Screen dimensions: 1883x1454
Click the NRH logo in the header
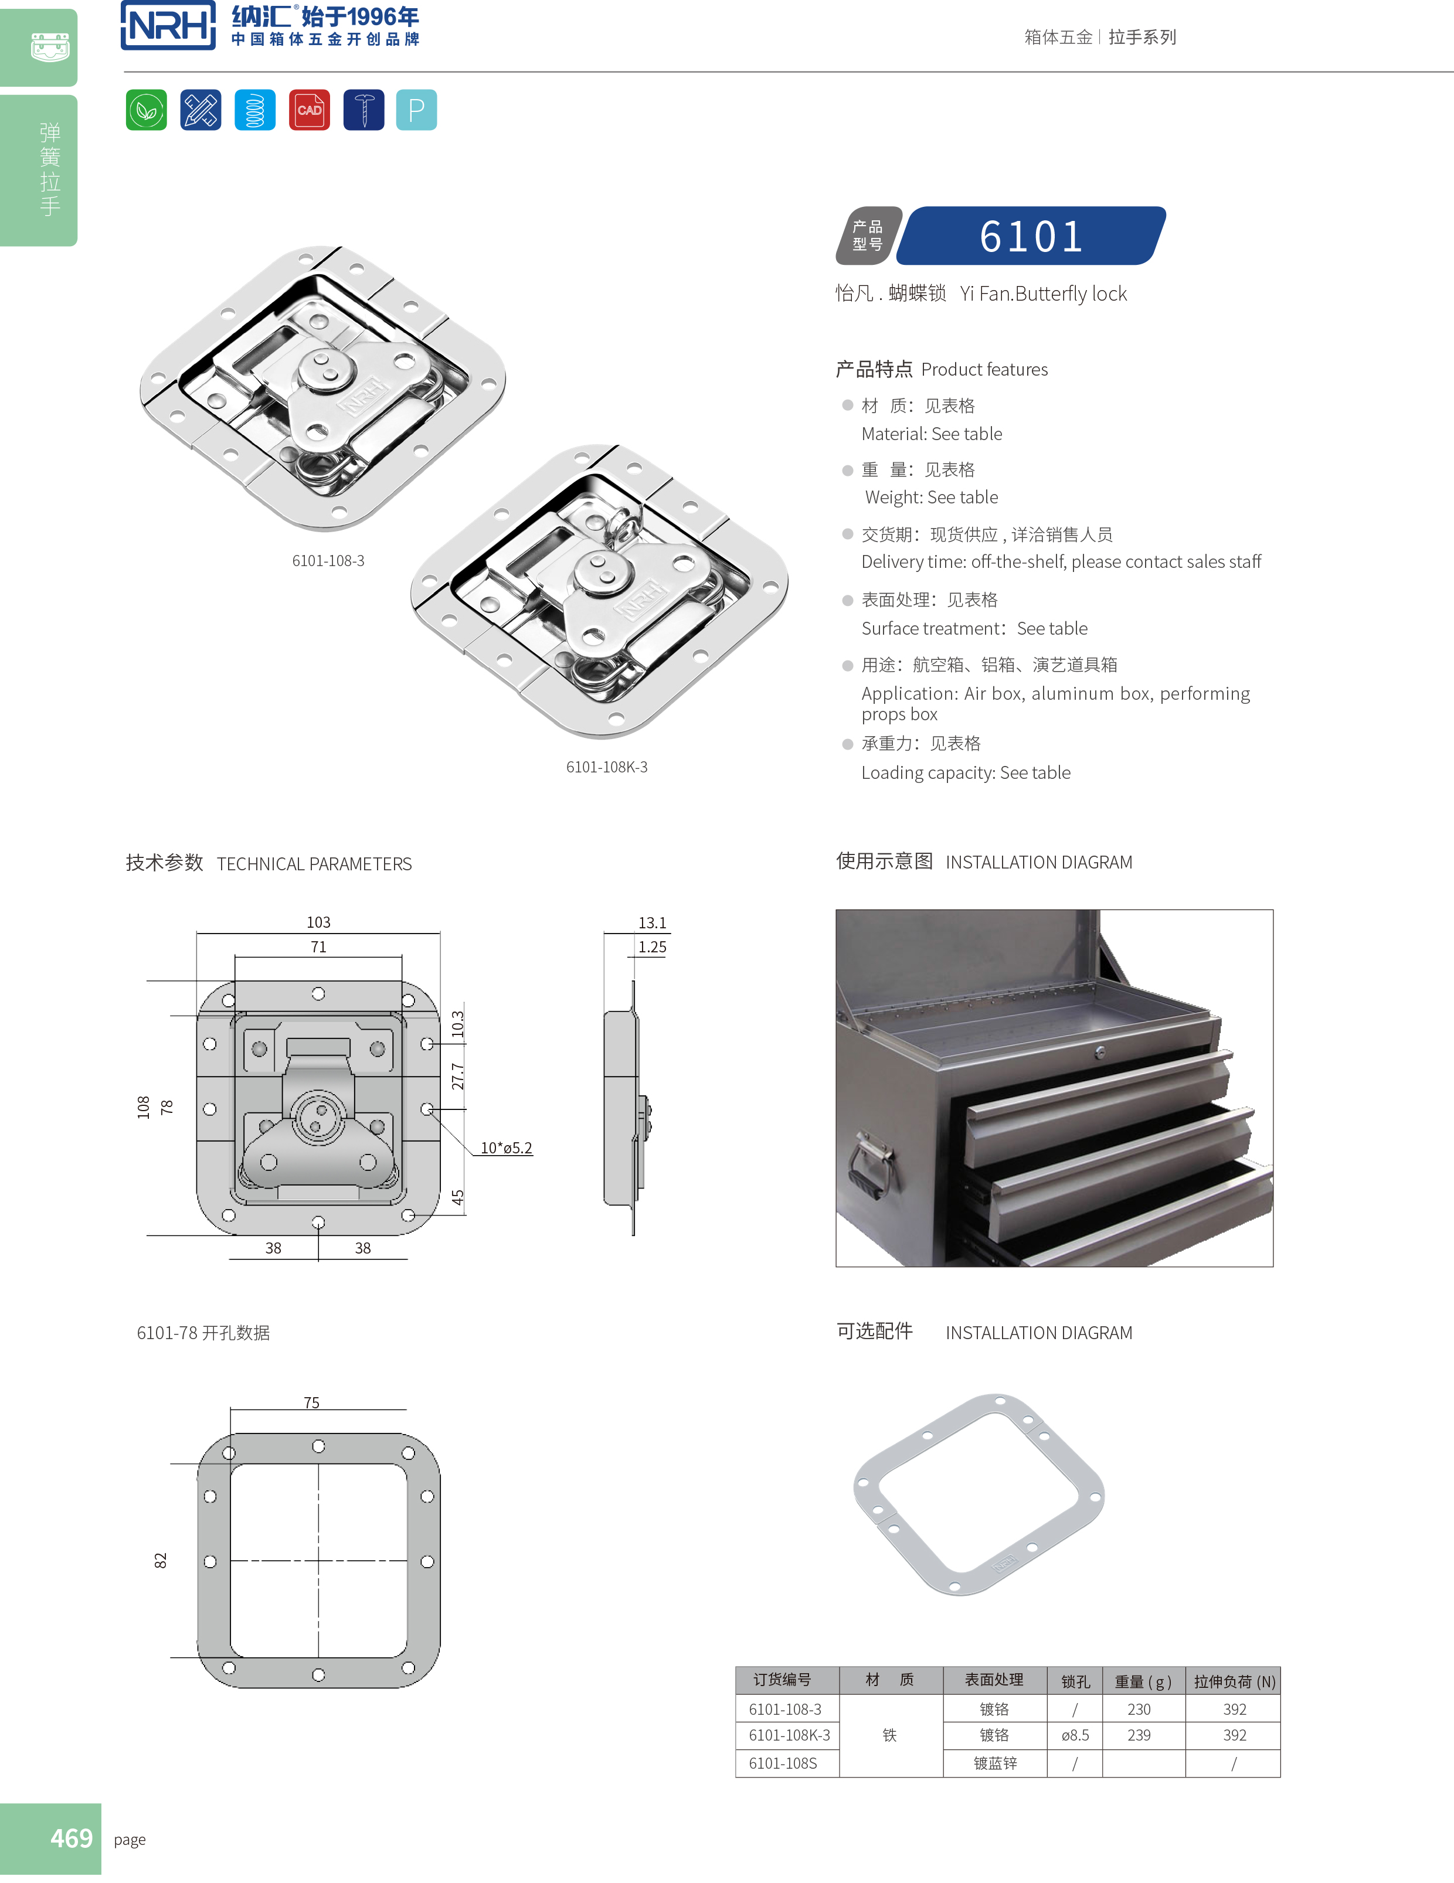[x=168, y=26]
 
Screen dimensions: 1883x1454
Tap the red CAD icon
[x=309, y=110]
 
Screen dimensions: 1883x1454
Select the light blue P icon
[x=416, y=110]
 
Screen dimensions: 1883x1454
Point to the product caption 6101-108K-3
[x=606, y=767]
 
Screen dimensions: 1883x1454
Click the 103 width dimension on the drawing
[x=318, y=922]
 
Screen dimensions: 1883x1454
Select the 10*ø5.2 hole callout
[x=506, y=1147]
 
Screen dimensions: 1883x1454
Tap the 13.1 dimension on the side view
[x=652, y=922]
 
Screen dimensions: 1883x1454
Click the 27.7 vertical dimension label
[x=458, y=1076]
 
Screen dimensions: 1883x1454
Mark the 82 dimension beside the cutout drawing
[x=161, y=1561]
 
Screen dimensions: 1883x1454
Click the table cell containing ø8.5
[x=1075, y=1735]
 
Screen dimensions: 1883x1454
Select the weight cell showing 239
[x=1139, y=1735]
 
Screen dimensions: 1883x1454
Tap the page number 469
[x=71, y=1838]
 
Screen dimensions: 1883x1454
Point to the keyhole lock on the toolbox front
[x=1099, y=1052]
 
